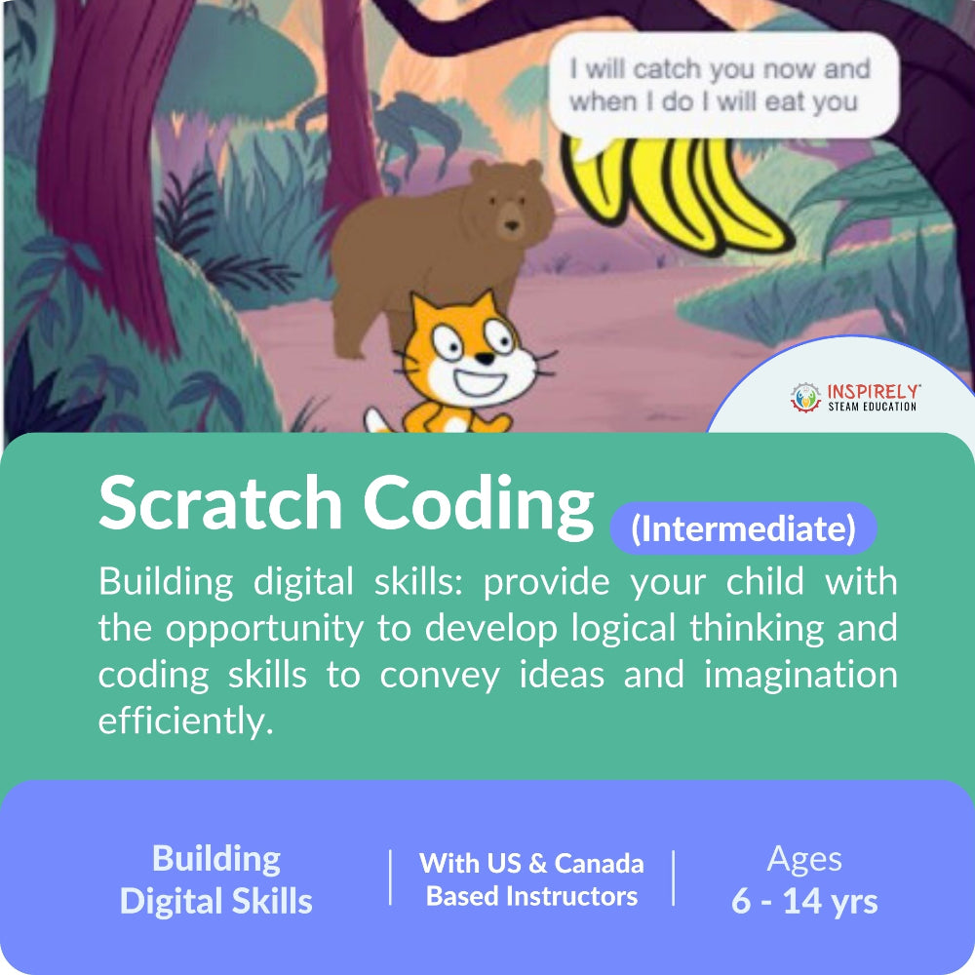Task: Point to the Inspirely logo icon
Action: click(805, 396)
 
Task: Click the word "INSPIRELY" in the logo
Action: click(874, 391)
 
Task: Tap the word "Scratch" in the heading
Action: click(220, 505)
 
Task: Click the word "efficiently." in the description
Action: click(181, 721)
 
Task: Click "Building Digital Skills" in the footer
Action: click(216, 879)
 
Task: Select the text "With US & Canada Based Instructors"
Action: click(531, 879)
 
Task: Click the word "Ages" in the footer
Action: click(804, 859)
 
